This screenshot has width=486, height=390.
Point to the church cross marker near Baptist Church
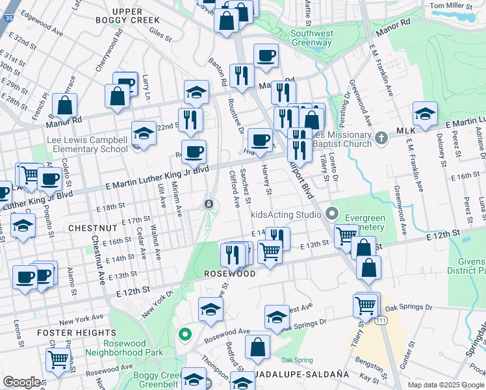[381, 138]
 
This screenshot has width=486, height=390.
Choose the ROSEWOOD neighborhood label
[229, 274]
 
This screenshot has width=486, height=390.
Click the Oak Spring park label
[296, 359]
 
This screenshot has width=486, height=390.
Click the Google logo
[21, 382]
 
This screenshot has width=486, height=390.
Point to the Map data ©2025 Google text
[446, 385]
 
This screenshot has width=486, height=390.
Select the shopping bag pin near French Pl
[65, 105]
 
